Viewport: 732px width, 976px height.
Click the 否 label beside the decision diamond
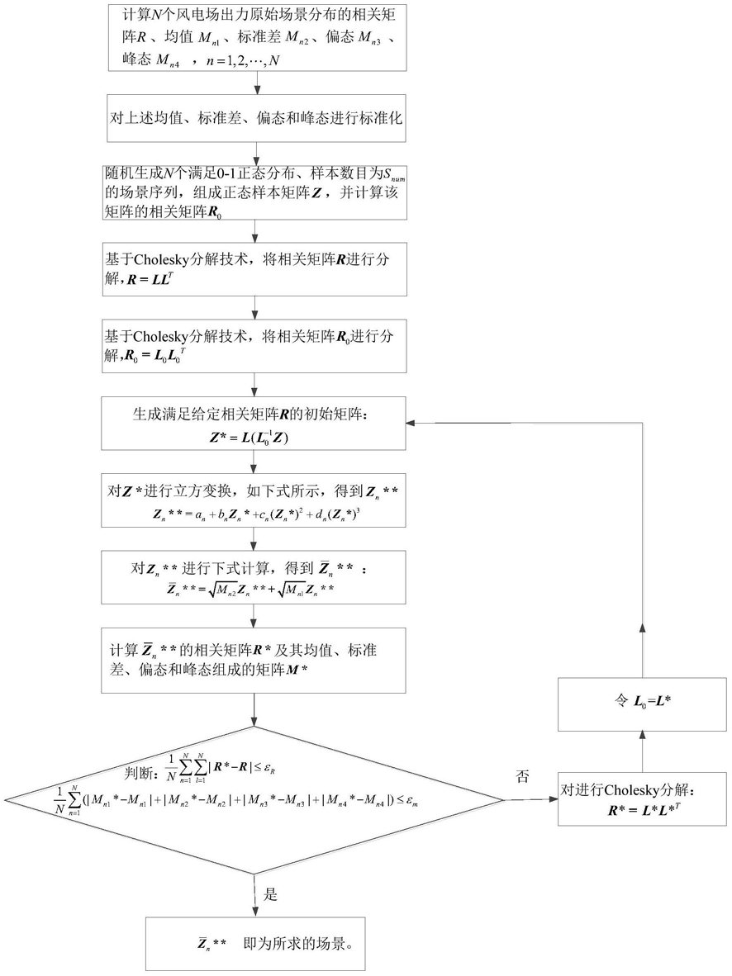tap(522, 775)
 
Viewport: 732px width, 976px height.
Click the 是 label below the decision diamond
tap(270, 894)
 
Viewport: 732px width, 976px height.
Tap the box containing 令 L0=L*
tap(642, 704)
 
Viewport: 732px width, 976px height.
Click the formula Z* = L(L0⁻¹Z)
tap(250, 438)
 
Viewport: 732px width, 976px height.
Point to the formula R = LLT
tap(150, 279)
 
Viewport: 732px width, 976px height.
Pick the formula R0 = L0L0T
tap(155, 357)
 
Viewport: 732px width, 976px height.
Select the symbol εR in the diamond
tap(269, 769)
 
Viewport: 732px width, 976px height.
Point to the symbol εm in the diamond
tap(411, 802)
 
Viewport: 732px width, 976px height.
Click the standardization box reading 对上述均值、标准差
tap(256, 118)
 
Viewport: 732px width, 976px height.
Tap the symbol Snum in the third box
tap(394, 176)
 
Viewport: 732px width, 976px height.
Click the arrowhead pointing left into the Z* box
tap(411, 424)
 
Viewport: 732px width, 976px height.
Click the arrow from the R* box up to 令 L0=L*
tap(642, 752)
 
